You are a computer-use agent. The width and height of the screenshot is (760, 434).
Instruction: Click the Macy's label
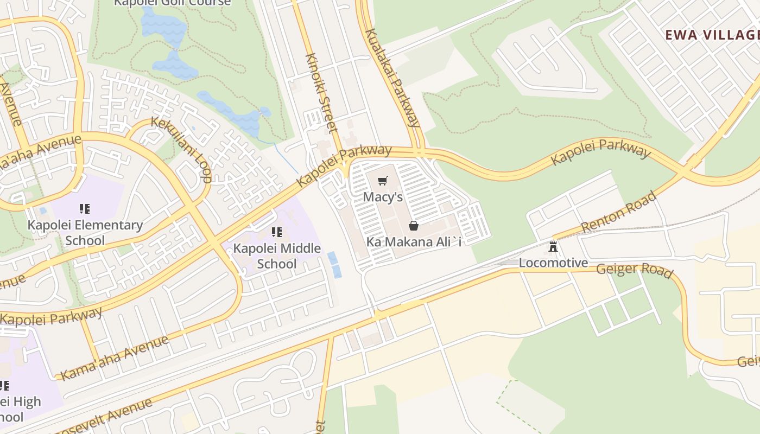383,196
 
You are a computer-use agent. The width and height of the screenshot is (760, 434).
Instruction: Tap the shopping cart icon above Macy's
383,181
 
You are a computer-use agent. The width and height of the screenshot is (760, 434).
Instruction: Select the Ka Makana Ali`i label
414,241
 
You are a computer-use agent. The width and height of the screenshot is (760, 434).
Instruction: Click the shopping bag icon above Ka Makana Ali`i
414,226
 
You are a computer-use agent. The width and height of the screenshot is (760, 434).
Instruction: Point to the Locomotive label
553,263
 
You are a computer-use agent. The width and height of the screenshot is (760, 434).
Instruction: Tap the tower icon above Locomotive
553,247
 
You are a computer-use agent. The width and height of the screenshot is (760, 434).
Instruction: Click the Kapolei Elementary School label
85,232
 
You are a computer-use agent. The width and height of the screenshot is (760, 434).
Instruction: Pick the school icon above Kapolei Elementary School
84,209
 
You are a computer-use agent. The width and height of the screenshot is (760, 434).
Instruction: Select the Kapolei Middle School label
277,256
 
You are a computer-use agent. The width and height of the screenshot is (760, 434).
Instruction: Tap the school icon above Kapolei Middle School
277,233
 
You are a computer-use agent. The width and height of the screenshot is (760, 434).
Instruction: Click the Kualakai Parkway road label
392,77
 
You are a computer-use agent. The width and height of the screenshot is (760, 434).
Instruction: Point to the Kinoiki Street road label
321,93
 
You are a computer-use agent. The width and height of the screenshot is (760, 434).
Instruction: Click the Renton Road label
618,212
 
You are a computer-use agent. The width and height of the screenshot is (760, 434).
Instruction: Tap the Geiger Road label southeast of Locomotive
635,270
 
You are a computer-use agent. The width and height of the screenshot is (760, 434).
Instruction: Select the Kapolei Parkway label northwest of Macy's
344,165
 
